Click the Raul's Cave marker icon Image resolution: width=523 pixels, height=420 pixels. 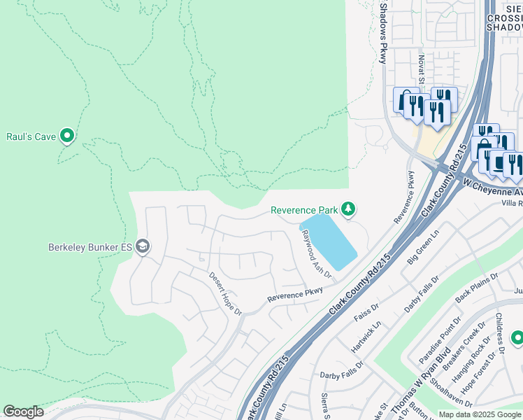coord(67,135)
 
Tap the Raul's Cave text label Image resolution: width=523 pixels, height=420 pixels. coord(31,136)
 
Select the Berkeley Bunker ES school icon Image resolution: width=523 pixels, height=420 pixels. coord(143,246)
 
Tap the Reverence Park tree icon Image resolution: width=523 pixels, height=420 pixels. coord(348,209)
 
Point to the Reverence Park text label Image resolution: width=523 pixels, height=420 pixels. coord(304,210)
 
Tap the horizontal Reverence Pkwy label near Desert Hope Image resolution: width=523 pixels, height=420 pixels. coord(295,295)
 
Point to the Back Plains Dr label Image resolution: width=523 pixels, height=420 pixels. coord(476,288)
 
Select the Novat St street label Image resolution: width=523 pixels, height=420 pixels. coord(422,69)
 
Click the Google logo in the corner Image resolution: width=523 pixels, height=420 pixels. coord(23,412)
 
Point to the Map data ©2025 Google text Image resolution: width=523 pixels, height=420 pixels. coord(480,414)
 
